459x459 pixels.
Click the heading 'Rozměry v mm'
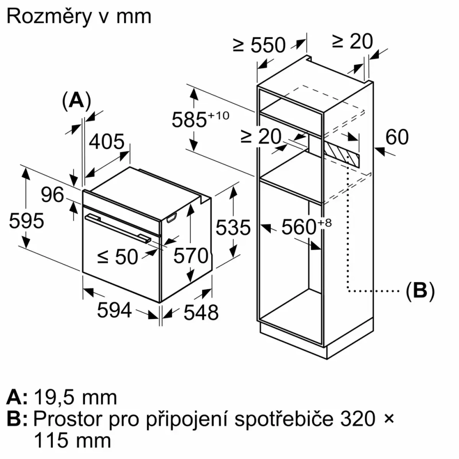point(79,17)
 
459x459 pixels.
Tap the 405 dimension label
point(106,142)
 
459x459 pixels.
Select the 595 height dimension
point(26,221)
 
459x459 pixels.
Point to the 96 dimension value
point(52,195)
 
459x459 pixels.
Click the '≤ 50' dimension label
point(118,257)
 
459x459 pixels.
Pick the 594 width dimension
point(114,311)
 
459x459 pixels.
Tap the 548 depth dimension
point(201,313)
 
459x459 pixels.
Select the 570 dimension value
point(191,256)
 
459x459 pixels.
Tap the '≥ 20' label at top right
point(352,42)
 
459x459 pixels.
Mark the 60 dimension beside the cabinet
point(397,137)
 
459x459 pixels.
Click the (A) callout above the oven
point(77,100)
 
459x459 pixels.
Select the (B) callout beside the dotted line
point(420,291)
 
